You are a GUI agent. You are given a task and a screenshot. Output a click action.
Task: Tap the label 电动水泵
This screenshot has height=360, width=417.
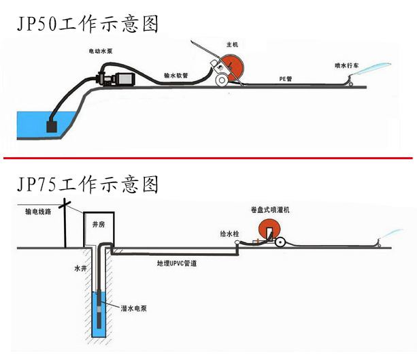(x=101, y=52)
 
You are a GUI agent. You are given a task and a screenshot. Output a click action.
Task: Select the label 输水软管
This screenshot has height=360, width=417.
(x=176, y=76)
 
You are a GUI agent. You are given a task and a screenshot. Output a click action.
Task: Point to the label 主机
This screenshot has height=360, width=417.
(x=232, y=45)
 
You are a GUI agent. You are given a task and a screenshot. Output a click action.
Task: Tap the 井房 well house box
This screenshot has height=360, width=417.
(x=98, y=227)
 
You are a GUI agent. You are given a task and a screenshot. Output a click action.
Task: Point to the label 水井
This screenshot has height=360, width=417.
(x=81, y=269)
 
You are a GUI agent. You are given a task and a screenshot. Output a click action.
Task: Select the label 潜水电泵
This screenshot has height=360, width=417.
(x=134, y=308)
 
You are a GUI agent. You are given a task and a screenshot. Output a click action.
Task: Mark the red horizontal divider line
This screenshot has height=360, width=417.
(x=208, y=158)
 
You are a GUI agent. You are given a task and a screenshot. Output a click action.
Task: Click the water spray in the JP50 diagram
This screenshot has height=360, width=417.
(x=373, y=67)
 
